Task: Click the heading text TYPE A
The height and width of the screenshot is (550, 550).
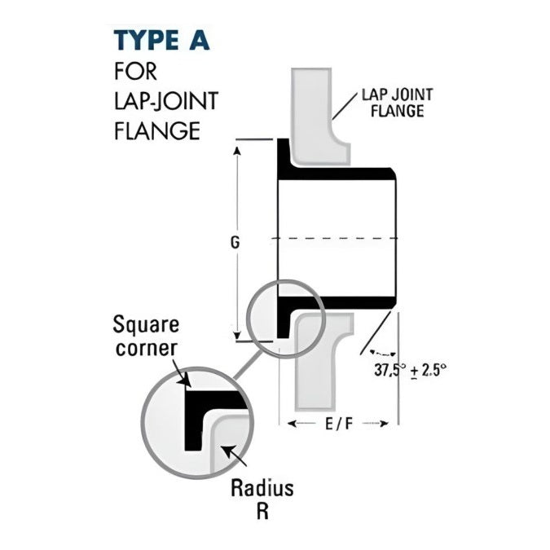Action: (167, 40)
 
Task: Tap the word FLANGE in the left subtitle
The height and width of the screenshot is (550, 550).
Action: (156, 130)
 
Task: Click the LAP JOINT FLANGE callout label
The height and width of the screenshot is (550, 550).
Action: (397, 103)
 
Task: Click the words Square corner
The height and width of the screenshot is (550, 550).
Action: (147, 336)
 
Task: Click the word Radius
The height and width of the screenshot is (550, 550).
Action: (262, 490)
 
